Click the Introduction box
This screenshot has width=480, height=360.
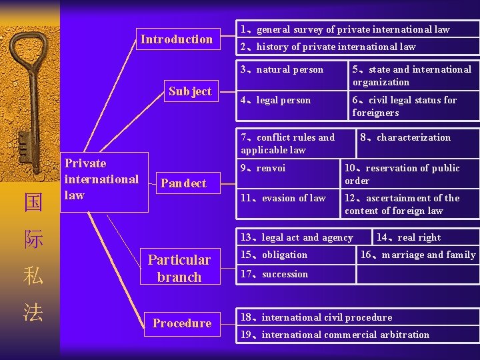click(x=177, y=39)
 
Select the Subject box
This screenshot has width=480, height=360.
click(x=190, y=91)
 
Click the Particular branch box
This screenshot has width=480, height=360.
click(x=179, y=268)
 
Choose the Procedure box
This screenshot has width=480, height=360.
click(x=181, y=323)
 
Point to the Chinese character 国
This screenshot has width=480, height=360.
click(x=33, y=202)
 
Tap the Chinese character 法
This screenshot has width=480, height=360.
click(x=33, y=313)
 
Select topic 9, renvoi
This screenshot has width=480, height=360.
click(x=263, y=168)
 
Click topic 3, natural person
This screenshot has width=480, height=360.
click(x=282, y=69)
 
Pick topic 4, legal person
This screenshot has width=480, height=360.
click(x=276, y=101)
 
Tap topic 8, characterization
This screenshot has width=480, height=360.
click(x=405, y=138)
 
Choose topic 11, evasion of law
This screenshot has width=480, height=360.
click(x=283, y=198)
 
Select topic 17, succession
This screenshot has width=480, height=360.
click(x=275, y=274)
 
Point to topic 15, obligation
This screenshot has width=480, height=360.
click(x=275, y=255)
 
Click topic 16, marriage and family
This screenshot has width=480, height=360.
click(x=418, y=255)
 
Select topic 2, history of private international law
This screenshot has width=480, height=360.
click(x=328, y=47)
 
